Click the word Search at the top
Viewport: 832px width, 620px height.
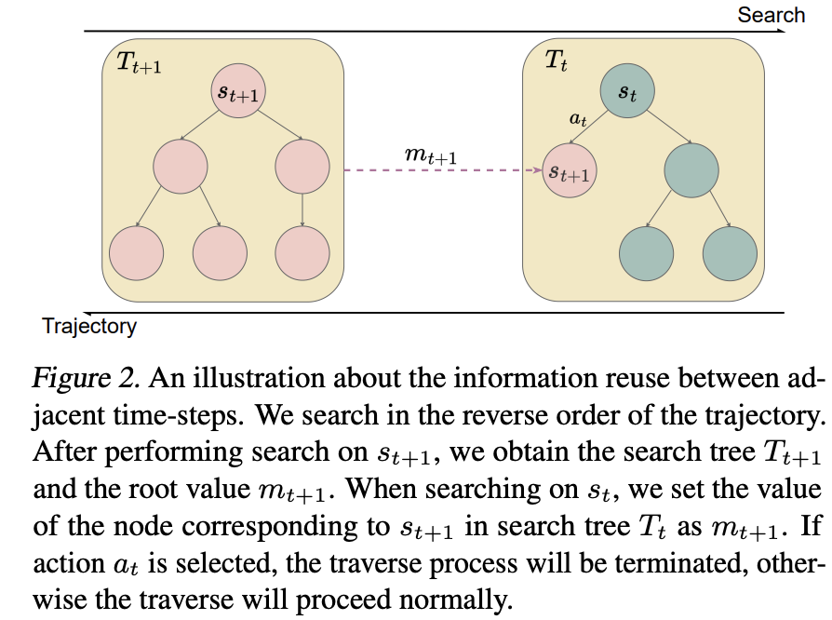point(771,15)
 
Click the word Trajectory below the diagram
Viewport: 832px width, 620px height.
point(89,327)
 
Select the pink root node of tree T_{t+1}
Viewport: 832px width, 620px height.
point(238,91)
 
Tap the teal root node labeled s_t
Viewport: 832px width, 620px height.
point(627,91)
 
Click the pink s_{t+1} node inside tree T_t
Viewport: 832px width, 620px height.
point(570,170)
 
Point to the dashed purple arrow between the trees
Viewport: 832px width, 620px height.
point(443,170)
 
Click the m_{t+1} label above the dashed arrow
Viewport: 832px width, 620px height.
point(430,155)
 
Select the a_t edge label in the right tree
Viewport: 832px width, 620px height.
point(578,119)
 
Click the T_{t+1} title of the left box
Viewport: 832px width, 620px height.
point(139,61)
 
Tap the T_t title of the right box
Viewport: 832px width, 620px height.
point(557,61)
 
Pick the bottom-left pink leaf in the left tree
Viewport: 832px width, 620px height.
point(137,253)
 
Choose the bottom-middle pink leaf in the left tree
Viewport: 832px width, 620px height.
point(220,253)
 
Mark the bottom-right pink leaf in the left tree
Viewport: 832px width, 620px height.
point(302,253)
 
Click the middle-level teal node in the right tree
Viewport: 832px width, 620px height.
point(691,170)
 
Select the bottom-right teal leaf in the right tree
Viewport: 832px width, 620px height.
point(731,254)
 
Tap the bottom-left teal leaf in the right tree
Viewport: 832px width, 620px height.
point(646,254)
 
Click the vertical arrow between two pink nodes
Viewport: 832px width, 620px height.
point(302,209)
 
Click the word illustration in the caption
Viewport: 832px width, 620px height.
point(259,378)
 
